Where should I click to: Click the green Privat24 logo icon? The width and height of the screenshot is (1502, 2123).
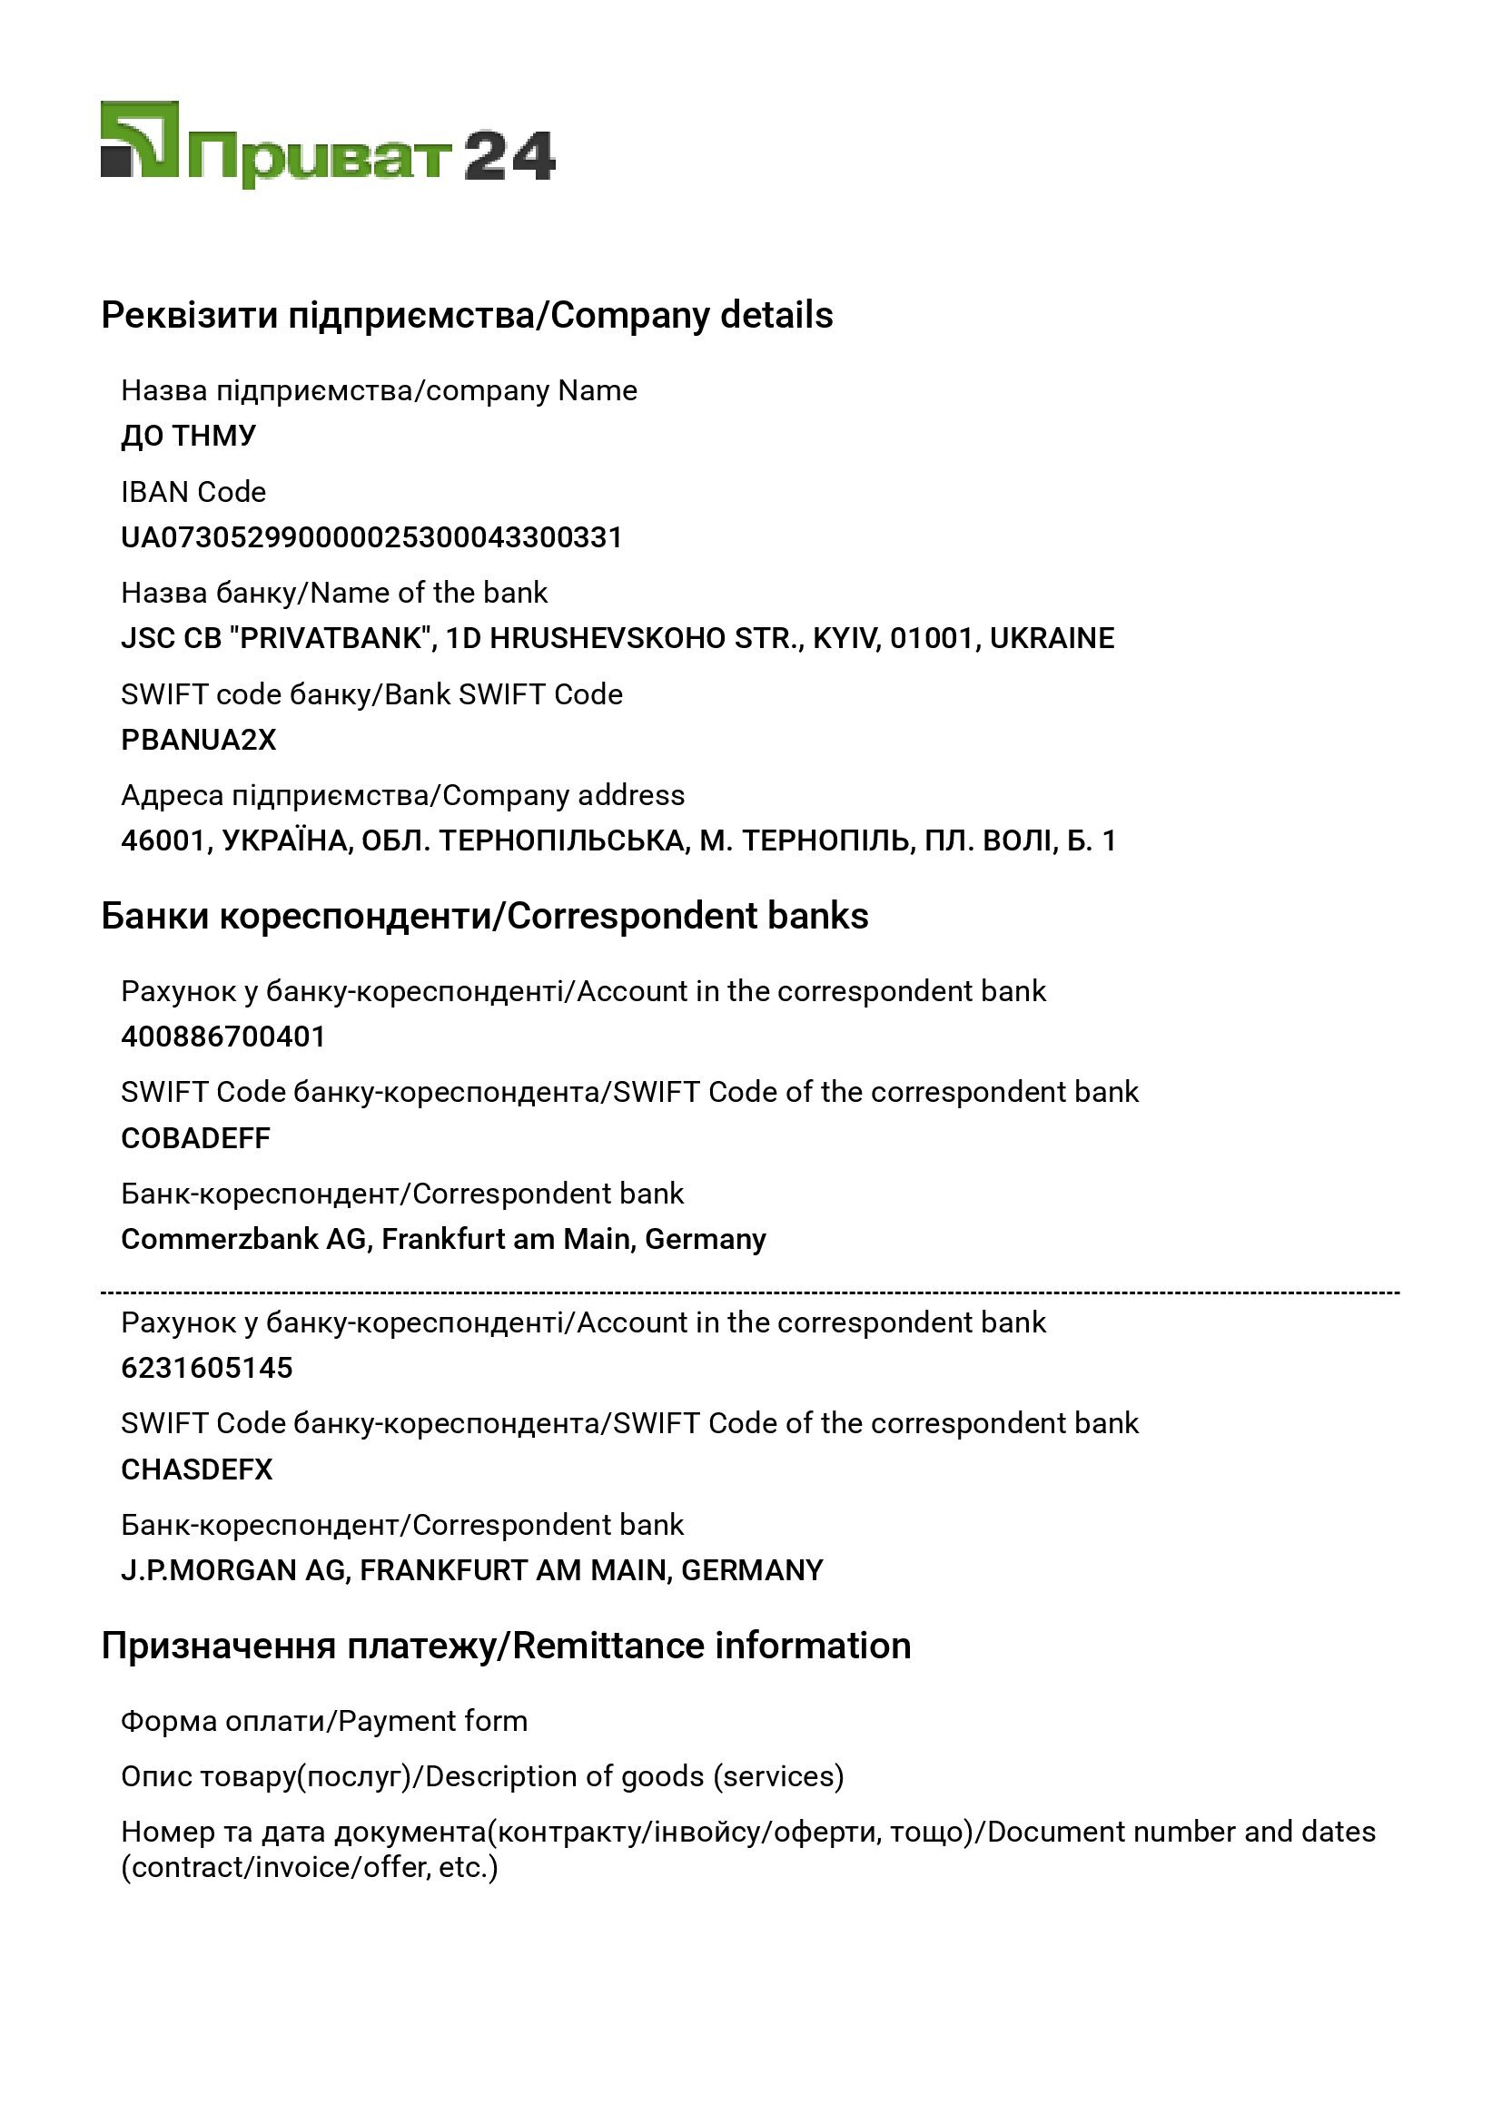pyautogui.click(x=140, y=140)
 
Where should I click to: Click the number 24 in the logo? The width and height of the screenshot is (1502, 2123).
pyautogui.click(x=509, y=156)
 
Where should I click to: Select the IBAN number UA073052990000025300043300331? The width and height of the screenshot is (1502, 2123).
pyautogui.click(x=371, y=537)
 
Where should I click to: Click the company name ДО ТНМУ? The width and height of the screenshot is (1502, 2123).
pyautogui.click(x=189, y=436)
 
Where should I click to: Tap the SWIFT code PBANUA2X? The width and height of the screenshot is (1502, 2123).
pyautogui.click(x=199, y=740)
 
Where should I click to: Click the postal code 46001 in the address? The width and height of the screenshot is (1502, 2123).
pyautogui.click(x=162, y=840)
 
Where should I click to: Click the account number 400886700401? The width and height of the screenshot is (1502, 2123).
pyautogui.click(x=223, y=1037)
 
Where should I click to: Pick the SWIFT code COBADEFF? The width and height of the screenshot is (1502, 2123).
pyautogui.click(x=196, y=1138)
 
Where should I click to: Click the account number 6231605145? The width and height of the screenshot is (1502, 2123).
pyautogui.click(x=207, y=1368)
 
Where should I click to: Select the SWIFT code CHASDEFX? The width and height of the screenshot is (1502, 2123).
pyautogui.click(x=197, y=1469)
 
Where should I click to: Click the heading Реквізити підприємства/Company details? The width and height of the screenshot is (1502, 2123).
pyautogui.click(x=467, y=315)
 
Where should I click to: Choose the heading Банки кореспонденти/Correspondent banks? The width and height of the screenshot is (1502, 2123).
pyautogui.click(x=485, y=916)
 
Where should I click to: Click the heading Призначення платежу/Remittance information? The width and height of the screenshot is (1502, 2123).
pyautogui.click(x=506, y=1646)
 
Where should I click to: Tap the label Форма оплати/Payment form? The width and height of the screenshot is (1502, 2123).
pyautogui.click(x=324, y=1721)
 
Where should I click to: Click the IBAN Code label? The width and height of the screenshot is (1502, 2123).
pyautogui.click(x=193, y=492)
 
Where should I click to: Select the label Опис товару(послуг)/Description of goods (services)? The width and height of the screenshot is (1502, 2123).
pyautogui.click(x=482, y=1776)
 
